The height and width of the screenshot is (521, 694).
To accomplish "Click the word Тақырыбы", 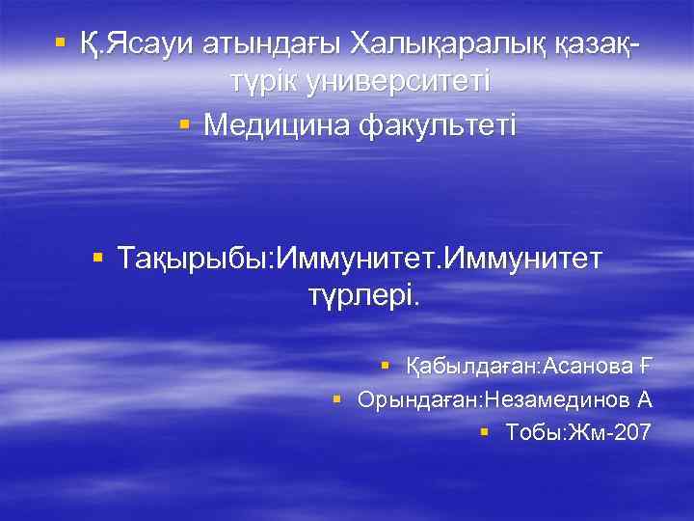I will pos(195,258).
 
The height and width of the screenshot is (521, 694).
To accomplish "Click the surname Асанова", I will pos(590,366).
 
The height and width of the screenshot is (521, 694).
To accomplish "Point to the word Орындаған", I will pos(419,398).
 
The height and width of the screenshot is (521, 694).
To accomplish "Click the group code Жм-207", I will pos(610,431).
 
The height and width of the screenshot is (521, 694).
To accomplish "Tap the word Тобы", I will pos(534,431).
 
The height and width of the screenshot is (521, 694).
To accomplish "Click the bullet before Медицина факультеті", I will pos(185,124).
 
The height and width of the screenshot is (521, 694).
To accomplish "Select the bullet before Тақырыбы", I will pos(97,258).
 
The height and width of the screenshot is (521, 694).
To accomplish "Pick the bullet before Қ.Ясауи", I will pos(61,43).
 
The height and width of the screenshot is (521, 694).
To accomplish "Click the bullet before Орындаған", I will pos(337,398).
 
